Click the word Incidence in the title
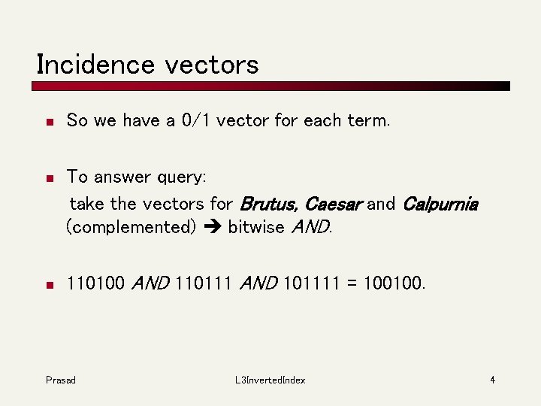coord(95,64)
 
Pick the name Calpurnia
coord(440,204)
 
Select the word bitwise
coord(255,227)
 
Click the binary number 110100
coord(96,283)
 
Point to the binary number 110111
coord(204,283)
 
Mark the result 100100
coord(392,283)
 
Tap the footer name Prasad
coord(60,380)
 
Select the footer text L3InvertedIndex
coord(270,380)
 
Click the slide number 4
coord(492,380)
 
